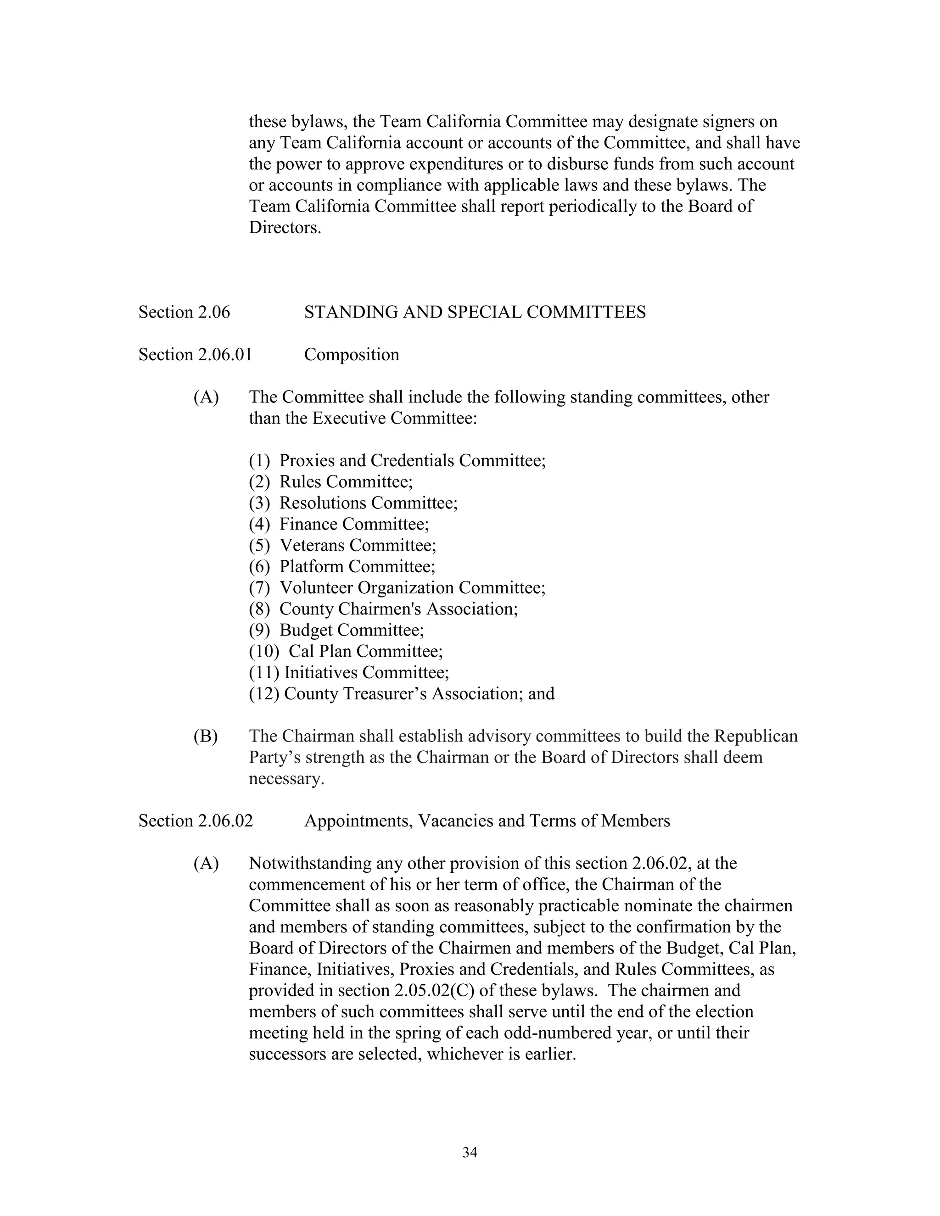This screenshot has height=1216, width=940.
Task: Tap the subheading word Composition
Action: pos(352,355)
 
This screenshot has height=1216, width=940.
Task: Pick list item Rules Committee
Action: pos(345,482)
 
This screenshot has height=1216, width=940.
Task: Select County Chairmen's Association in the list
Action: pos(398,608)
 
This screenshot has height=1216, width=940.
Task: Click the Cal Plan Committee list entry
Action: pos(365,651)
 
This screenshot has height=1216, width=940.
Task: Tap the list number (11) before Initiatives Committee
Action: pos(264,673)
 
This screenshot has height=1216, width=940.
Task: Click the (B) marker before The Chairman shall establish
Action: pos(206,736)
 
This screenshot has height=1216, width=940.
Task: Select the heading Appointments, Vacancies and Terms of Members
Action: pos(487,821)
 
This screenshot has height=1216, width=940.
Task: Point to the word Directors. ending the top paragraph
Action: pos(285,228)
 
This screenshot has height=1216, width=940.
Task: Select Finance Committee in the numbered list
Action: pos(353,524)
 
